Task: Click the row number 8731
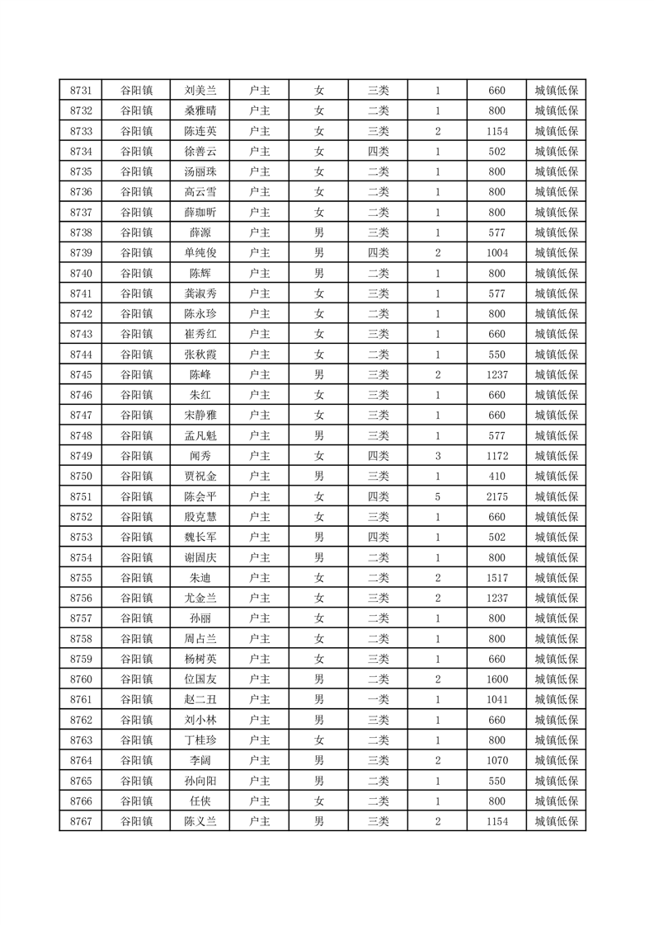pyautogui.click(x=81, y=91)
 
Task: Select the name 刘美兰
pyautogui.click(x=200, y=91)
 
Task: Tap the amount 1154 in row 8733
pyautogui.click(x=496, y=131)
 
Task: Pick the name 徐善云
pyautogui.click(x=200, y=152)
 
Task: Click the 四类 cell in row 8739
pyautogui.click(x=379, y=253)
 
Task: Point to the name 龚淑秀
pyautogui.click(x=200, y=293)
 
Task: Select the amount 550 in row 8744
pyautogui.click(x=496, y=355)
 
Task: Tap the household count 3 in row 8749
pyautogui.click(x=437, y=456)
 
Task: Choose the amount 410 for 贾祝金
pyautogui.click(x=496, y=477)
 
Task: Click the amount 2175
pyautogui.click(x=496, y=496)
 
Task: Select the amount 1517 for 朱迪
pyautogui.click(x=496, y=578)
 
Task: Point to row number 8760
pyautogui.click(x=81, y=679)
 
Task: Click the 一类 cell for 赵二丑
pyautogui.click(x=379, y=700)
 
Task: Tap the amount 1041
pyautogui.click(x=496, y=700)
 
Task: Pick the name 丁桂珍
pyautogui.click(x=200, y=740)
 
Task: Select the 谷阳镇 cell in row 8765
pyautogui.click(x=136, y=781)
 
